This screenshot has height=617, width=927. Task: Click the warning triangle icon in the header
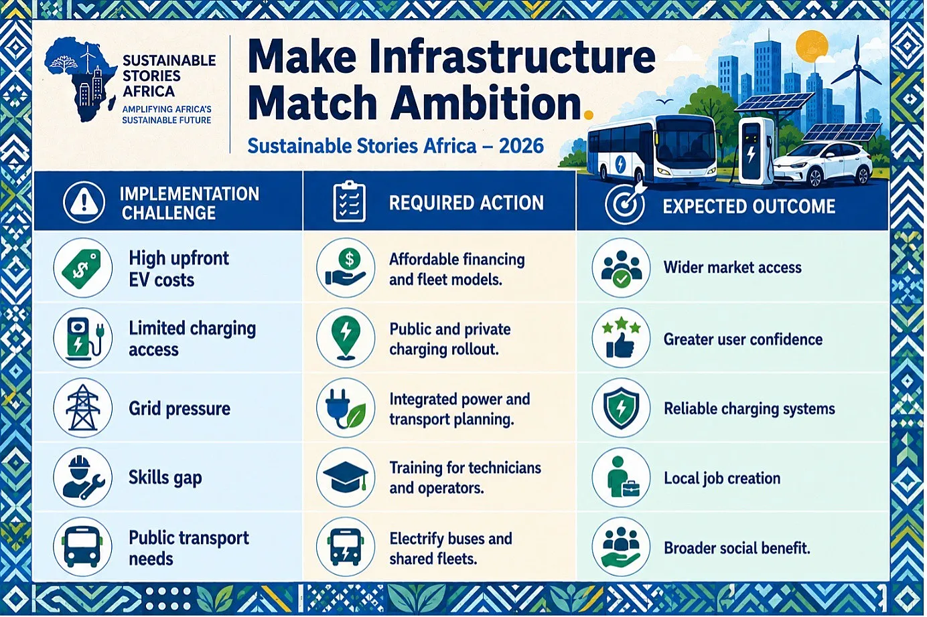click(84, 202)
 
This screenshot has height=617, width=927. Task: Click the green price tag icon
click(83, 268)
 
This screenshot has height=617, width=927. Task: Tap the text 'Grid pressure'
click(180, 409)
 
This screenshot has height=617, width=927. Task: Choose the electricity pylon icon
click(83, 408)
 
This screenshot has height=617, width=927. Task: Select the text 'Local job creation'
click(722, 478)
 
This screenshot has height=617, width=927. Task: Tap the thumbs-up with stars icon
click(621, 338)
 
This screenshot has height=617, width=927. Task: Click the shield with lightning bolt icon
click(621, 408)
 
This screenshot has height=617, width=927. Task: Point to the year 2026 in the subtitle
click(521, 146)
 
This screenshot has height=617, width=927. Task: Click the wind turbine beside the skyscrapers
click(857, 78)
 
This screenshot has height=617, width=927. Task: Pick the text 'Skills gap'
click(165, 478)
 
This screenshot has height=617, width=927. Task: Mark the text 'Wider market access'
click(733, 268)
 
